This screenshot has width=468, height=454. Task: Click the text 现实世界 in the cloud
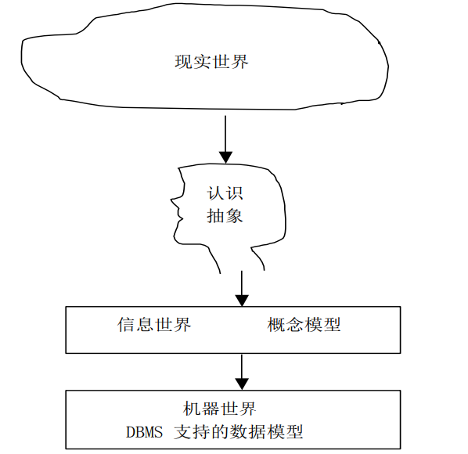pos(211,62)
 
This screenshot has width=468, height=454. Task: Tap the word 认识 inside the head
pos(225,193)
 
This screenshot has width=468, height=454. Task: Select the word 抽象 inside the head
pos(225,216)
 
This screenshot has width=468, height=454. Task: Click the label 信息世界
pos(154,325)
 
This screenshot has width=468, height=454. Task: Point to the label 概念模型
pos(304,325)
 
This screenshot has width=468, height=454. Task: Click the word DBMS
pos(146,432)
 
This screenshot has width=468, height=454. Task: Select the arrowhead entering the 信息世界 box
pos(242,300)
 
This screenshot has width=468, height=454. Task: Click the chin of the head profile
pos(181,240)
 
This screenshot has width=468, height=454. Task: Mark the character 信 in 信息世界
pos(126,325)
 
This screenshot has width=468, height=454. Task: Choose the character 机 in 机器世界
pos(191,409)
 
